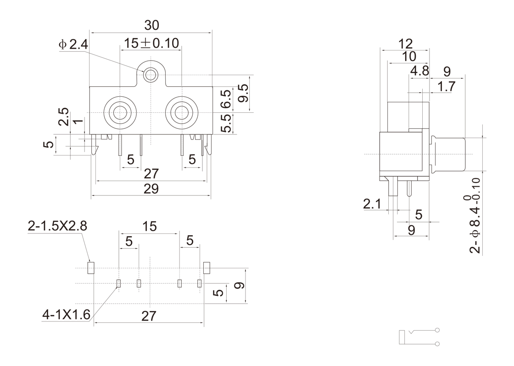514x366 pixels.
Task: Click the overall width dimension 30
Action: tap(151, 25)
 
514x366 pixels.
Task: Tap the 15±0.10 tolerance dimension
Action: tap(151, 43)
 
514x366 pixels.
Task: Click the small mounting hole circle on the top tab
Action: tap(150, 75)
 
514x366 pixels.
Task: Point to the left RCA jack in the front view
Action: tap(120, 113)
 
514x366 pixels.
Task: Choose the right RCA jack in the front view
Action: tap(182, 113)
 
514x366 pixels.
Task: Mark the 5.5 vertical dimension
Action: tap(226, 123)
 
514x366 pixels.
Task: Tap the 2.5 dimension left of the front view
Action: tap(64, 116)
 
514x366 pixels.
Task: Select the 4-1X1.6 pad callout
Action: tap(67, 314)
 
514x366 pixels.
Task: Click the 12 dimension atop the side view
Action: tap(405, 44)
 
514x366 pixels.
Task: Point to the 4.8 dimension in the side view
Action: tap(419, 71)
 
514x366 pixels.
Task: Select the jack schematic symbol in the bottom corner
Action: tap(419, 337)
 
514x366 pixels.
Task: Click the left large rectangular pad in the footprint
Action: tap(90, 267)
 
